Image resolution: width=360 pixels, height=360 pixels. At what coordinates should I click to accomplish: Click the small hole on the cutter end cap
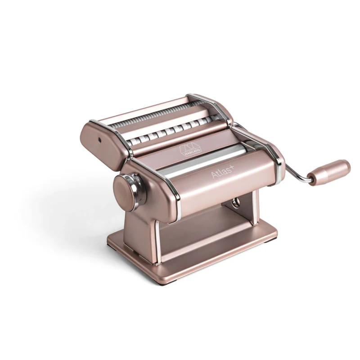[98, 141]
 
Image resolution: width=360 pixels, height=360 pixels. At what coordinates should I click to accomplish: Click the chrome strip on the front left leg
[157, 237]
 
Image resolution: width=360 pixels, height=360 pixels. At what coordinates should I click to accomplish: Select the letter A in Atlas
[214, 176]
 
